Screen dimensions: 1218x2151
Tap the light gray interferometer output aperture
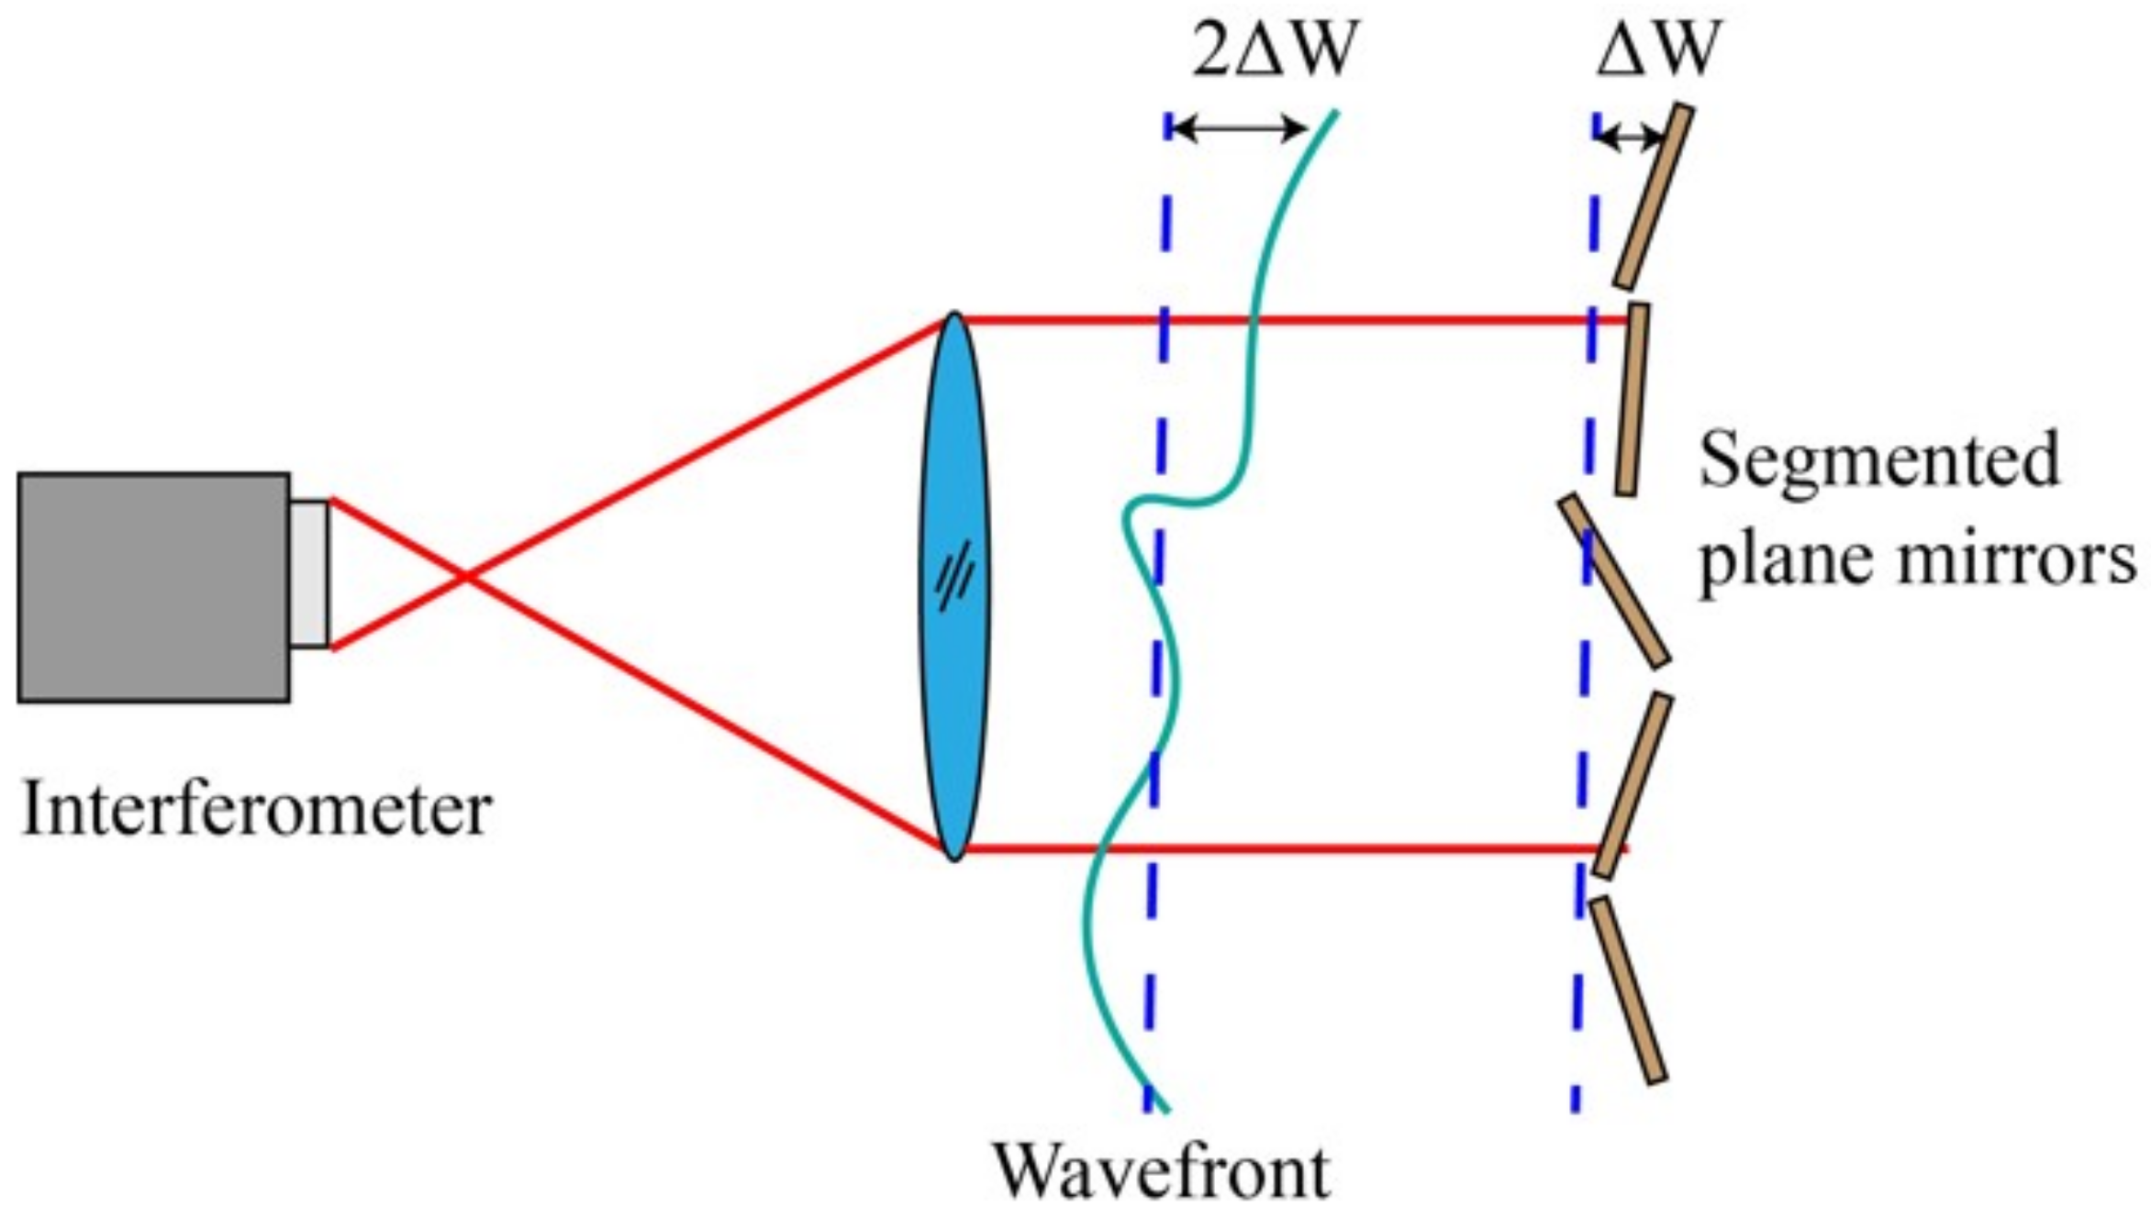point(310,574)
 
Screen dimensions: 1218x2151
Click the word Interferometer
point(256,809)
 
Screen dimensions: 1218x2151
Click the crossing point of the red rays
point(467,575)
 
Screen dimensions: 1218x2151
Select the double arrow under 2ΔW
point(1239,128)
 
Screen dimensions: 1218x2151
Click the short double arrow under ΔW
point(1630,138)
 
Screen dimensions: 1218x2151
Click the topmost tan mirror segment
point(1654,196)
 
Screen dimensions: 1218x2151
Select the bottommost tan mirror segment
point(1628,991)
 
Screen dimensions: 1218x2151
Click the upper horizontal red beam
point(1285,320)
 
